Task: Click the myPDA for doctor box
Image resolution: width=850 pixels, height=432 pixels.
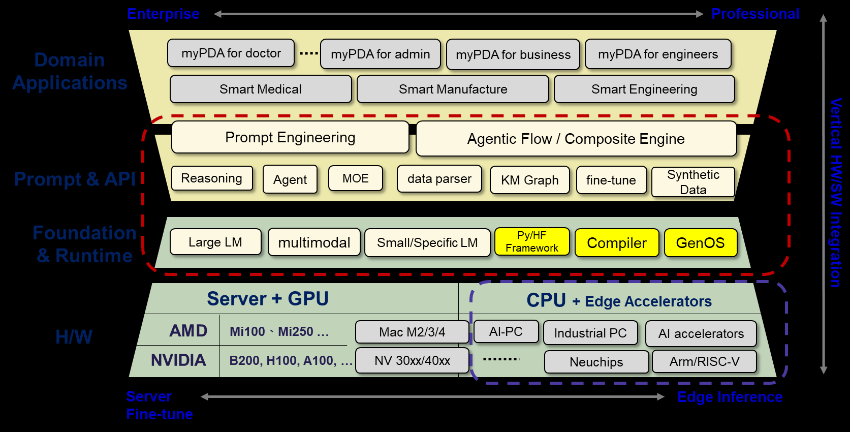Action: [231, 53]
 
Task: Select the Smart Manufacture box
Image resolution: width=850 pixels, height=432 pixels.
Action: [453, 89]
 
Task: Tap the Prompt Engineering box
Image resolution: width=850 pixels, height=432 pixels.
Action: [290, 137]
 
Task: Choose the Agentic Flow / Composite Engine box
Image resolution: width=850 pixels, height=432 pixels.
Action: [576, 139]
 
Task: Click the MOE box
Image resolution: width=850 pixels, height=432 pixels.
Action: [355, 178]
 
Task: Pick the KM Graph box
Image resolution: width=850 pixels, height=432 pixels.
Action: [529, 180]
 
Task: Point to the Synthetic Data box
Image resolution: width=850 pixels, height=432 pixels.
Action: [693, 182]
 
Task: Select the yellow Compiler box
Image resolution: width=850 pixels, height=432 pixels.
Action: [617, 243]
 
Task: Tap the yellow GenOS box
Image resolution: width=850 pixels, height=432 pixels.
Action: [700, 243]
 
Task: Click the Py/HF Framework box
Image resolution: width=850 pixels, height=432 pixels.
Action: [531, 241]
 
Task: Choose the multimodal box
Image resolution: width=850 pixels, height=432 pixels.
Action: [314, 242]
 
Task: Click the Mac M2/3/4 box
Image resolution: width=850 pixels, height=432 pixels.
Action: [412, 332]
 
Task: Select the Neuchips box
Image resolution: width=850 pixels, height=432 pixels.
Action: [596, 362]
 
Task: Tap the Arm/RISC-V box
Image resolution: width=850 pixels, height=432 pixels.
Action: [704, 361]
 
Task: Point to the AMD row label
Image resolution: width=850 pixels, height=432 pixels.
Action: [188, 331]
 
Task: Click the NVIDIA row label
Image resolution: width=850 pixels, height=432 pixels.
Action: [178, 360]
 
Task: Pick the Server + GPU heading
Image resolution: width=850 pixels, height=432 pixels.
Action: [268, 299]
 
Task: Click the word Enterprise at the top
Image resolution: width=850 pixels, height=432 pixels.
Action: [163, 14]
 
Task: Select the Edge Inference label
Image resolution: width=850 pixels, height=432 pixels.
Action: [730, 397]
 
